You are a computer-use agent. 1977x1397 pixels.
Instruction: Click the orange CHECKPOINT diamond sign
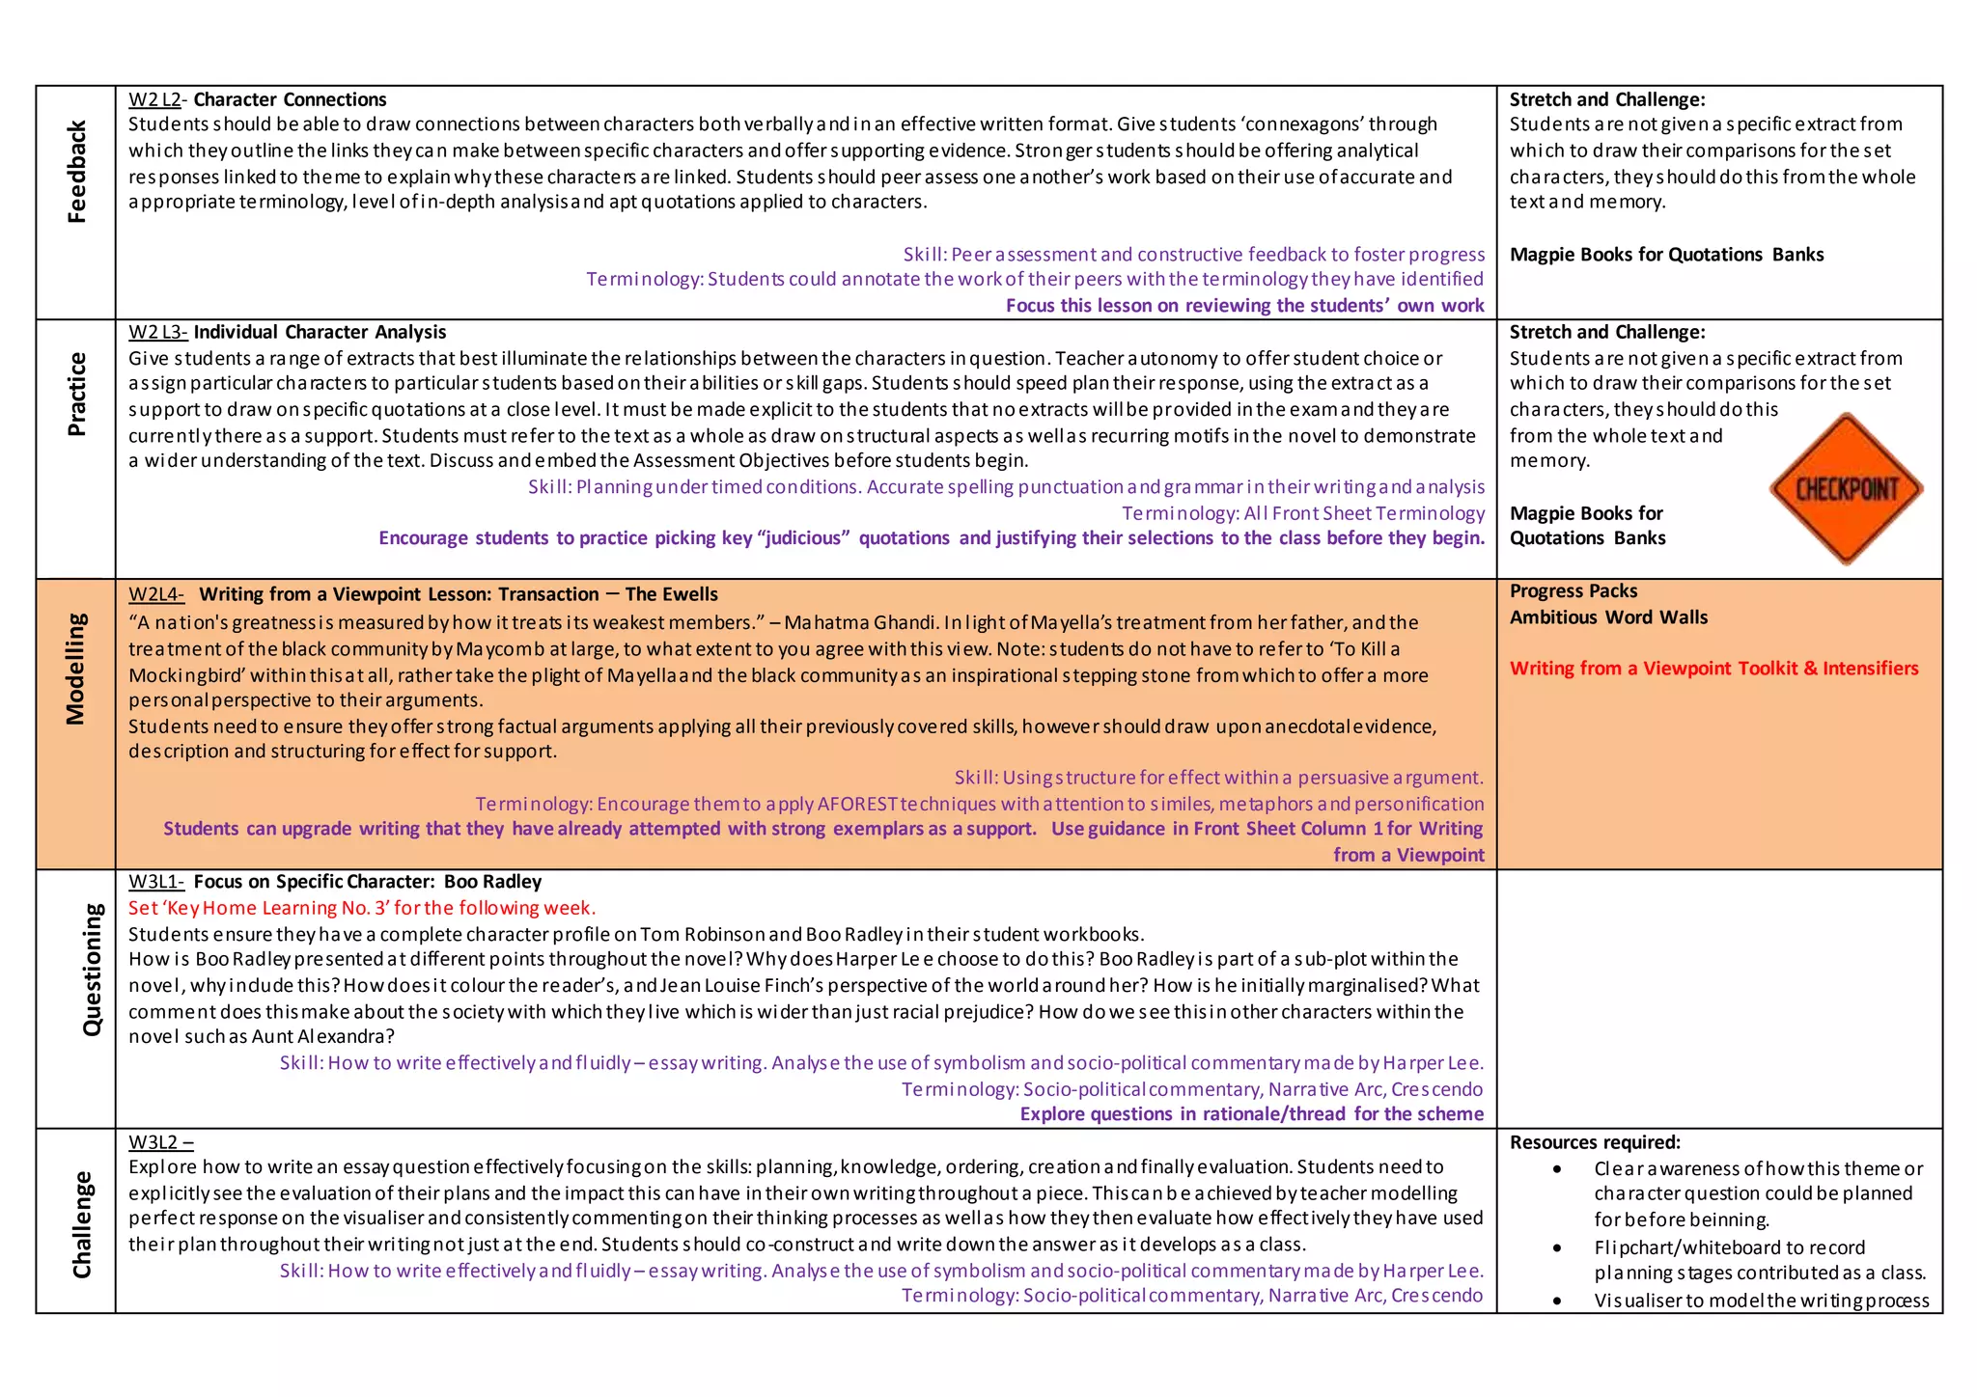[x=1846, y=488]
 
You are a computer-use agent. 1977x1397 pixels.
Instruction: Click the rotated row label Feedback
[x=77, y=172]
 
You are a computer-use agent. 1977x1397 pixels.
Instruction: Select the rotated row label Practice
[x=77, y=394]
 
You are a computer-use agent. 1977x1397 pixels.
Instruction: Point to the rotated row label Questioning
[x=92, y=970]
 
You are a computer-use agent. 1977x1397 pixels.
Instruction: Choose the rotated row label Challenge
[x=82, y=1224]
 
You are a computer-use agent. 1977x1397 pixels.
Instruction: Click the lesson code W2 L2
[x=154, y=99]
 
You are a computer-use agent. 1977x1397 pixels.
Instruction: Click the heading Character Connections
[x=290, y=99]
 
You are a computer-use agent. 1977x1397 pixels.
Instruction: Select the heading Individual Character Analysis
[x=320, y=332]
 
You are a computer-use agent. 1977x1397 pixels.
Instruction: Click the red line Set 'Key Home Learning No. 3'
[x=362, y=908]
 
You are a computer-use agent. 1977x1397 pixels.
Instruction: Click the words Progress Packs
[x=1573, y=591]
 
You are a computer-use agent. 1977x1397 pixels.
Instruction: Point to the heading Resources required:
[x=1595, y=1142]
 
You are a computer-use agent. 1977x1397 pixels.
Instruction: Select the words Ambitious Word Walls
[x=1608, y=617]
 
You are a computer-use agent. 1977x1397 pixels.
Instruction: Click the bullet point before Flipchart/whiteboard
[x=1557, y=1248]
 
